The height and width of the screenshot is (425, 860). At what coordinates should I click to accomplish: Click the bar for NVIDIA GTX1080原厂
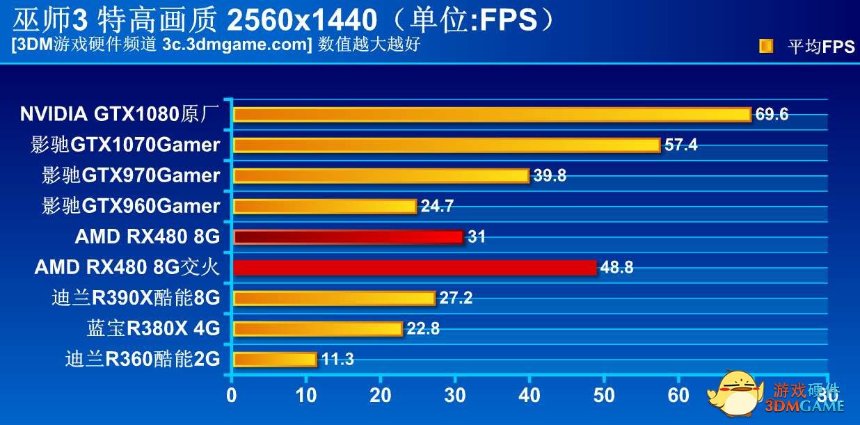[492, 115]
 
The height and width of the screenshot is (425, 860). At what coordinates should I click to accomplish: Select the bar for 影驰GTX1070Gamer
[447, 145]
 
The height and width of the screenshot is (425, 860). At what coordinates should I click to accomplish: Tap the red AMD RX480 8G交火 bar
[415, 268]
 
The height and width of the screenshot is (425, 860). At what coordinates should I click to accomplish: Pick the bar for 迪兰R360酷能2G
[275, 360]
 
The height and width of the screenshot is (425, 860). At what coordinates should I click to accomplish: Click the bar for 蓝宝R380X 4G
[318, 329]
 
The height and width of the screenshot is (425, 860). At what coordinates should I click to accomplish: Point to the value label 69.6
[772, 115]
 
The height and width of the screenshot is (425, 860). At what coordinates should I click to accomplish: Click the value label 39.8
[550, 176]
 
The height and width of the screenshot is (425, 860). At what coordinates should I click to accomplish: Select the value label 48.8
[616, 268]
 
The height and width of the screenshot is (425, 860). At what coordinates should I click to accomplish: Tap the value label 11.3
[337, 360]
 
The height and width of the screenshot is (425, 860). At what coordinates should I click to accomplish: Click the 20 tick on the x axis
[380, 396]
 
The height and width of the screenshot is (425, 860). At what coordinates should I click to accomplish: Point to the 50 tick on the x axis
[604, 396]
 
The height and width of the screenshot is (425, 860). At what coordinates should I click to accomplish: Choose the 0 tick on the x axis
[232, 396]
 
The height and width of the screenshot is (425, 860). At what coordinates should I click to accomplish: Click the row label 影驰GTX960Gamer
[131, 207]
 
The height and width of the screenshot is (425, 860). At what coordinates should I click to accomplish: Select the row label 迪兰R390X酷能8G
[136, 298]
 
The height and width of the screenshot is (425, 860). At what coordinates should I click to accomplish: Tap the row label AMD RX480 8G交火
[127, 268]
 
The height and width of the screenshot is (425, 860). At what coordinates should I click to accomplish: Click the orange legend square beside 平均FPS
[765, 47]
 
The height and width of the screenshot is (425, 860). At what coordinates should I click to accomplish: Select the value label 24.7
[437, 207]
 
